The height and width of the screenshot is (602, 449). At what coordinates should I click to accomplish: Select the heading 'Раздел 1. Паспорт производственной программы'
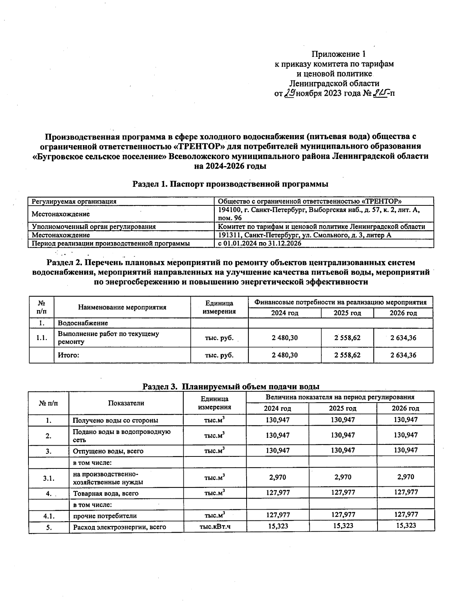pos(230,184)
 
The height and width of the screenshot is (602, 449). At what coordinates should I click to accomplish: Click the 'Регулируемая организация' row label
pos(74,202)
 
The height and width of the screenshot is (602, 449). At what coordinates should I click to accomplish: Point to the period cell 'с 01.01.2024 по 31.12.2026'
pos(260,244)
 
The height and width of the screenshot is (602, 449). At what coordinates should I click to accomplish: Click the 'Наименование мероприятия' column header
pos(122,308)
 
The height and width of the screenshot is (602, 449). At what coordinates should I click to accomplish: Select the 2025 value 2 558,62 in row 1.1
pos(347,338)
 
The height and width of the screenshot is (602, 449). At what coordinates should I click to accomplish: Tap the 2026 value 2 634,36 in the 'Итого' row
pos(403,355)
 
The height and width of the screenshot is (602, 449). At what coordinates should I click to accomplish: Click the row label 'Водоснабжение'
pos(83,323)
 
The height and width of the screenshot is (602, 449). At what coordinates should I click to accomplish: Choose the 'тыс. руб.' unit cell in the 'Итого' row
pos(219,355)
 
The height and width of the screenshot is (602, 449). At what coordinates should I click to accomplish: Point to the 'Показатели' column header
pos(126,403)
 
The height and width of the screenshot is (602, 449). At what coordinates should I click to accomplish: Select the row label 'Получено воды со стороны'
pos(115,421)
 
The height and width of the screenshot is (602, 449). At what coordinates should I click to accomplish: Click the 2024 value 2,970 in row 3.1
pos(278,477)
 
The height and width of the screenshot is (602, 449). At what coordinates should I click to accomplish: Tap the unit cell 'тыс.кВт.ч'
pos(215,527)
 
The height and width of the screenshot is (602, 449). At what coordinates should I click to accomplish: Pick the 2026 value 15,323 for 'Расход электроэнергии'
pos(406,526)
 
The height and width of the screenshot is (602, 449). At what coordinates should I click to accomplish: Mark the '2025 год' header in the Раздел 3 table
pos(343,409)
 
